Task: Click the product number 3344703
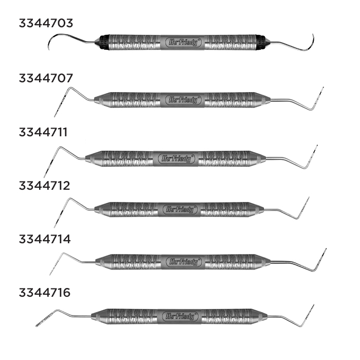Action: coord(46,23)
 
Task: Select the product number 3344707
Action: coord(46,78)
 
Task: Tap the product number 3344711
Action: coord(44,132)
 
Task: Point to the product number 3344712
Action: coord(44,186)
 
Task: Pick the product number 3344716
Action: coord(45,293)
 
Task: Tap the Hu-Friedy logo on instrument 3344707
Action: coord(183,100)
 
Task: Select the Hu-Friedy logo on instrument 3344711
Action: coord(176,158)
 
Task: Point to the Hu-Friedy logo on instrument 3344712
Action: coord(179,210)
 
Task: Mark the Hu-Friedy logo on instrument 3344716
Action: coord(179,316)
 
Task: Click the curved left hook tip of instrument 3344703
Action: coord(50,48)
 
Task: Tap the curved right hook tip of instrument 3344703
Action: coord(312,37)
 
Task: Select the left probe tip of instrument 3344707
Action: coord(56,114)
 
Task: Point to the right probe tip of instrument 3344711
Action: coord(315,148)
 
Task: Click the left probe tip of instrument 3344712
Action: coord(55,224)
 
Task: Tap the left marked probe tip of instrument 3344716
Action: coord(39,325)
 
